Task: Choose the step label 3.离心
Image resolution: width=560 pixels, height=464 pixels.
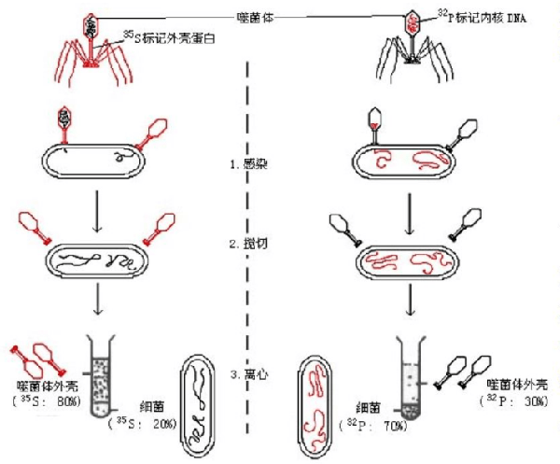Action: (257, 374)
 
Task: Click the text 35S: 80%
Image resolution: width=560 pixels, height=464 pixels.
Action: (50, 401)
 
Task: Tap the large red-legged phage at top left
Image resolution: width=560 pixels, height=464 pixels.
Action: (93, 47)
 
